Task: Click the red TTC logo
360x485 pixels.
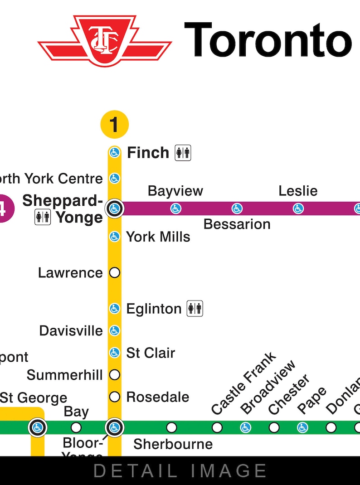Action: (x=105, y=40)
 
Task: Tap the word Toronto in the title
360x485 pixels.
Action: (x=268, y=40)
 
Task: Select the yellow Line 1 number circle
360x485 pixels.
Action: (x=114, y=124)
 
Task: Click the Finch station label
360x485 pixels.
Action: (x=148, y=153)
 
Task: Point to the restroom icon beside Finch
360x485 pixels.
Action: (x=183, y=153)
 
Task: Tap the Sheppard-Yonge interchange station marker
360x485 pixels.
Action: (x=114, y=209)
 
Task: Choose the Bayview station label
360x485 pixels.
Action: (x=175, y=191)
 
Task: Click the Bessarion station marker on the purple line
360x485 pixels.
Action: (x=237, y=209)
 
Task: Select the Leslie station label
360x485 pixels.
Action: (x=298, y=191)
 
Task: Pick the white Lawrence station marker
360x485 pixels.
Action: (x=114, y=273)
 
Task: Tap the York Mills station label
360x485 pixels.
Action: (x=158, y=237)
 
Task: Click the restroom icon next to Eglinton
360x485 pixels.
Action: (x=195, y=309)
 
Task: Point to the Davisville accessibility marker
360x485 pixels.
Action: (x=114, y=331)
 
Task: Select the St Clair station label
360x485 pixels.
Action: (x=151, y=353)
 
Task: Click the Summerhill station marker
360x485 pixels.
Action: (x=114, y=375)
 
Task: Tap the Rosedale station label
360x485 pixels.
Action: (x=157, y=397)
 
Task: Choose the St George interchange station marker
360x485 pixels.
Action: (x=37, y=427)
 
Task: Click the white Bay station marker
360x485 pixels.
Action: (x=76, y=427)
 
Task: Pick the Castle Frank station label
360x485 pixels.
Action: (x=243, y=383)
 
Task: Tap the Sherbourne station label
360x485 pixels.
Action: (x=173, y=444)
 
